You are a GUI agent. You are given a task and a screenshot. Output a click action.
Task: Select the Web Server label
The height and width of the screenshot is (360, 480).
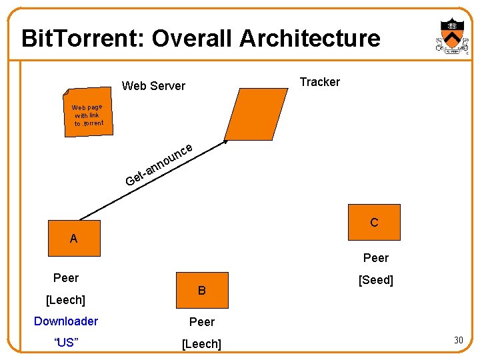[153, 86]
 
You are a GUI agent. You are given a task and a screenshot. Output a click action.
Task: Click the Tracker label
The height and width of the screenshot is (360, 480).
[319, 82]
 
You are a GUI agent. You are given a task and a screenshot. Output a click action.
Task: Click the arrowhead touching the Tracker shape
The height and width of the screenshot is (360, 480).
[227, 142]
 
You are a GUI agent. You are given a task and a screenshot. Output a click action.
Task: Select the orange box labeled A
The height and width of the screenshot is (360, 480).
[74, 238]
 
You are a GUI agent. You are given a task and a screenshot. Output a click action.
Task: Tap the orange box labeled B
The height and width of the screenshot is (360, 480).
[202, 291]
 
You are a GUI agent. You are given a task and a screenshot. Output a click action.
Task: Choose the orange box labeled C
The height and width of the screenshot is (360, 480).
[374, 222]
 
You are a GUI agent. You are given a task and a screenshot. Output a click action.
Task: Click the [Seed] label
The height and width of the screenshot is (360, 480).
[376, 281]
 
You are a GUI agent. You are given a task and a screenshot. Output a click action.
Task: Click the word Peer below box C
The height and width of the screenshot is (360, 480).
[376, 258]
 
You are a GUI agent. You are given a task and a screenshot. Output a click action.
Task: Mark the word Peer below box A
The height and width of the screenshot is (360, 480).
[66, 278]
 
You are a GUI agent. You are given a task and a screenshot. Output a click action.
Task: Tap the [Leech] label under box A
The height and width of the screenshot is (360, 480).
[65, 301]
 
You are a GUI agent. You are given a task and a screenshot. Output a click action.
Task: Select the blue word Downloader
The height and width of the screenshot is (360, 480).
[66, 321]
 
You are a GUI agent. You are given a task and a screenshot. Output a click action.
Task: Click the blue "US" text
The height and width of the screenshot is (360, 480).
[65, 343]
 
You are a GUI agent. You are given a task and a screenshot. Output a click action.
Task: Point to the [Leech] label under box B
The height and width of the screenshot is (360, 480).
[202, 344]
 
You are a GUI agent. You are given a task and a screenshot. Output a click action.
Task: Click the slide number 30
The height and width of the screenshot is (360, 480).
[458, 341]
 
